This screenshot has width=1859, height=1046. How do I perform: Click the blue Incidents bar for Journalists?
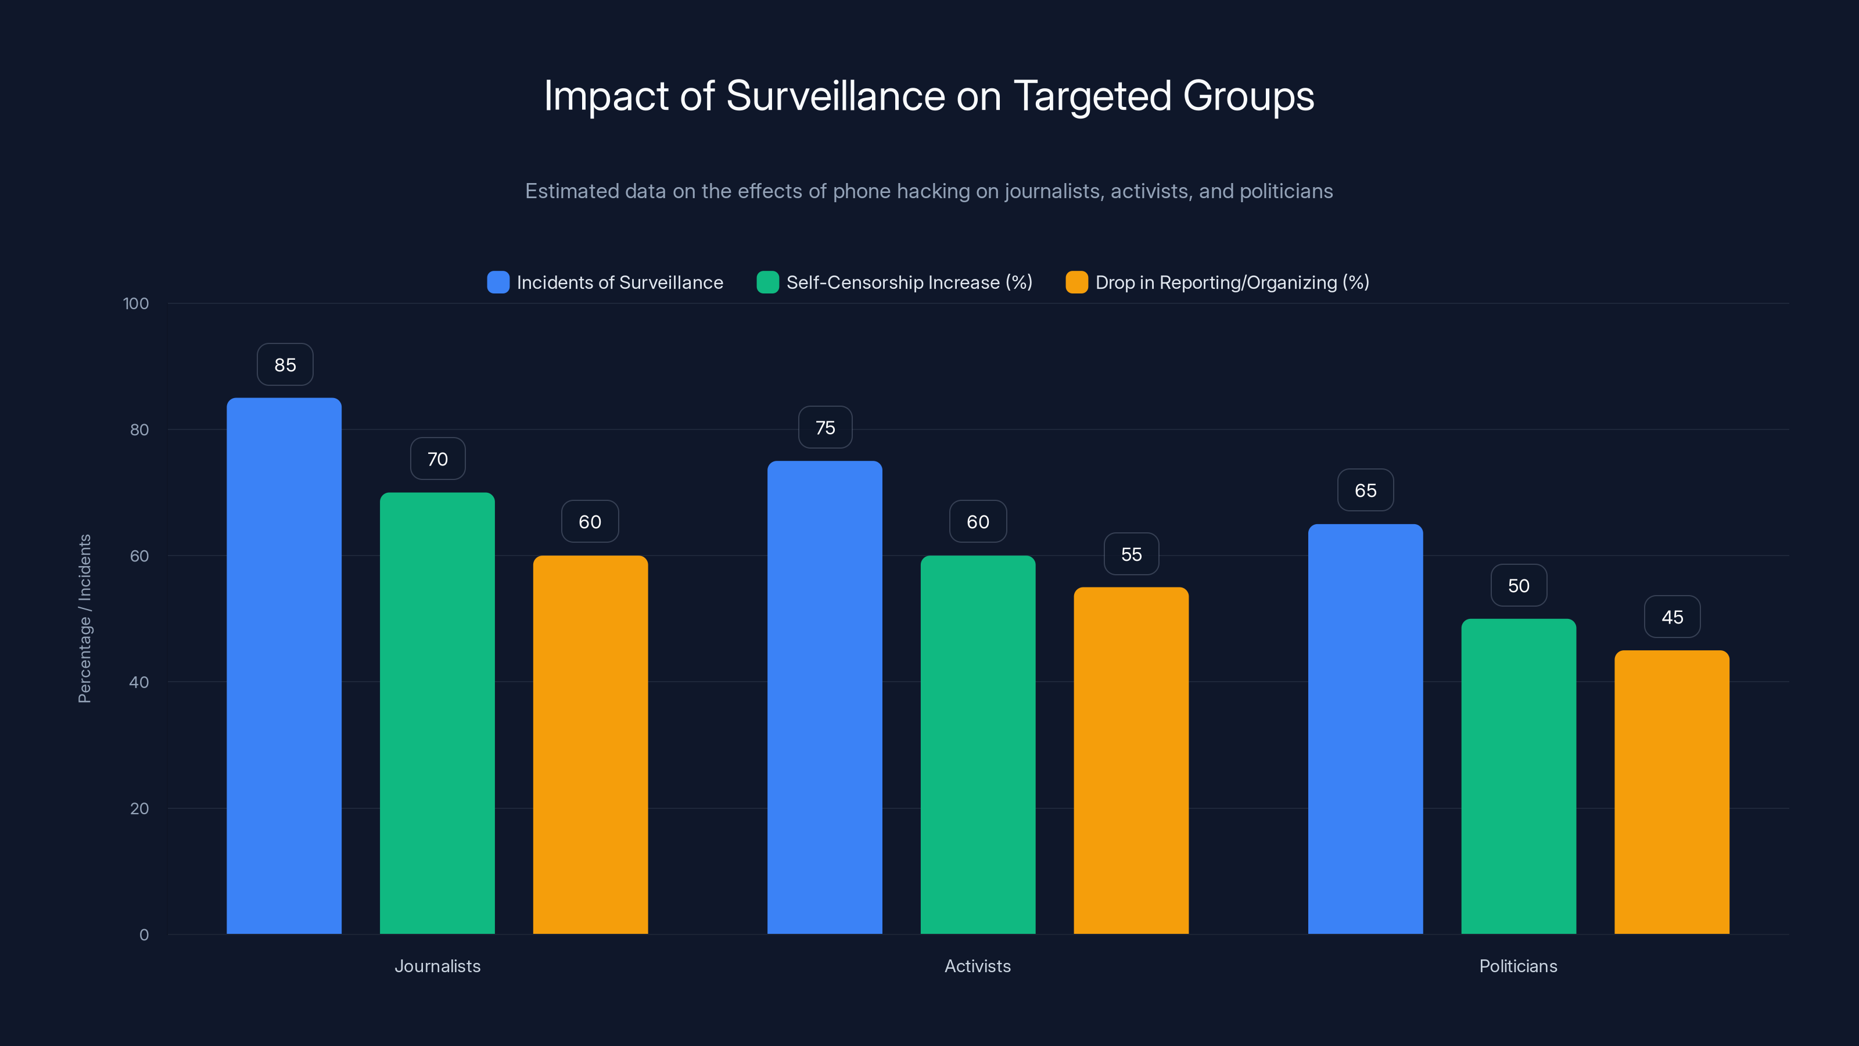tap(283, 665)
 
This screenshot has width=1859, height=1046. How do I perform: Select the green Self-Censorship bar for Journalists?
tap(437, 713)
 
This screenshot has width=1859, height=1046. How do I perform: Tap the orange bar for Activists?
tap(1131, 760)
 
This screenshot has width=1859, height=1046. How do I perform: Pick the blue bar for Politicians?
tap(1365, 729)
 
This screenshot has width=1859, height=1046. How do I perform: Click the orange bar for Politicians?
tap(1671, 792)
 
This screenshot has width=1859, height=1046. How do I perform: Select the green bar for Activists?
tap(978, 744)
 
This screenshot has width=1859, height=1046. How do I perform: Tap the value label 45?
tap(1672, 617)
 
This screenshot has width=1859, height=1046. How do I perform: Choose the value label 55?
tap(1131, 554)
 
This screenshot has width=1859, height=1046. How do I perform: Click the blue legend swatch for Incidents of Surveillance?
tap(498, 282)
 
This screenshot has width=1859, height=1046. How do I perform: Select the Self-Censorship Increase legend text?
tap(909, 282)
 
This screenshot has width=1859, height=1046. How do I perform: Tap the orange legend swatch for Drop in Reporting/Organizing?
tap(1076, 282)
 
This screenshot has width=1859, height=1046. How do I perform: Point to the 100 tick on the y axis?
tap(136, 304)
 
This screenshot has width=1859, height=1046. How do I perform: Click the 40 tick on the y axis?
tap(139, 682)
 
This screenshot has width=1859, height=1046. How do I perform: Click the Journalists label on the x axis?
tap(437, 966)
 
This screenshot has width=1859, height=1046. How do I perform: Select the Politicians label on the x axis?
tap(1517, 966)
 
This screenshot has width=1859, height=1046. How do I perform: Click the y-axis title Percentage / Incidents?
tap(84, 619)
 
